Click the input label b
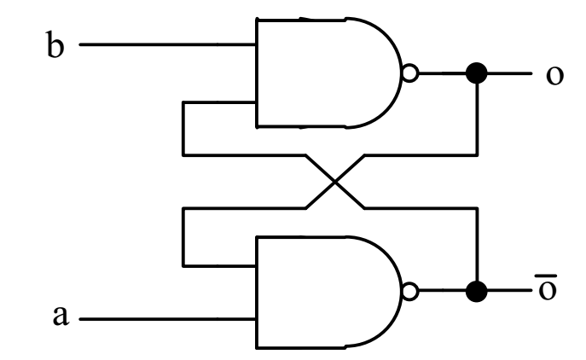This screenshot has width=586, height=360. [55, 46]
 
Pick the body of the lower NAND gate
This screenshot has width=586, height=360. [324, 291]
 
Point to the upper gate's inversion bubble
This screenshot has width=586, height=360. [410, 74]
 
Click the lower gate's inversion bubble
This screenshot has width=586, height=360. [410, 291]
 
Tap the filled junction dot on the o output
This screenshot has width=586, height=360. [478, 74]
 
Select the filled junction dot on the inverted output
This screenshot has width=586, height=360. [478, 291]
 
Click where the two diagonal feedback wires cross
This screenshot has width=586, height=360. [336, 181]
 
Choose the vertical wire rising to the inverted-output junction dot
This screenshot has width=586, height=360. [478, 247]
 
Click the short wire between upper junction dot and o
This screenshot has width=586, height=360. [508, 74]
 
